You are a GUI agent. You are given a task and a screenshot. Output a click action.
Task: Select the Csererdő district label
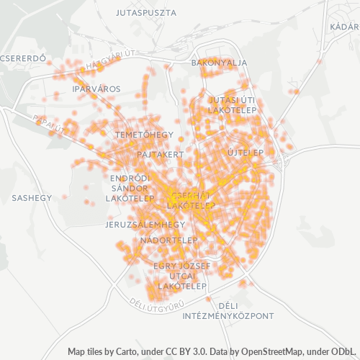click(23, 58)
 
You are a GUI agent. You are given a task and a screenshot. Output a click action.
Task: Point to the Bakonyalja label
click(219, 63)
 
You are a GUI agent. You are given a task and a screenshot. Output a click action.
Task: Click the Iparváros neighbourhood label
click(96, 89)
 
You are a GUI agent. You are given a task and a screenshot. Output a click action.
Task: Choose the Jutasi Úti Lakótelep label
click(232, 105)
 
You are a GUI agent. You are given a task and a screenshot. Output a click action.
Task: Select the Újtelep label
click(246, 153)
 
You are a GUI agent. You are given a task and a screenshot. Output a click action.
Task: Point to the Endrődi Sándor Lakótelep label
click(130, 187)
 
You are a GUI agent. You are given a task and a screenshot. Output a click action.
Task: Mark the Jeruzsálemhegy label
click(145, 225)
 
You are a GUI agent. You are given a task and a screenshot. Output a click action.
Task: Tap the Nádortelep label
click(169, 239)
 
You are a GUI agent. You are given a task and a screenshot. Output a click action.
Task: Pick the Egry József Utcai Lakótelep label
click(182, 276)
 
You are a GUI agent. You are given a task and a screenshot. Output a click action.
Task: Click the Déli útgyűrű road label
click(154, 305)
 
